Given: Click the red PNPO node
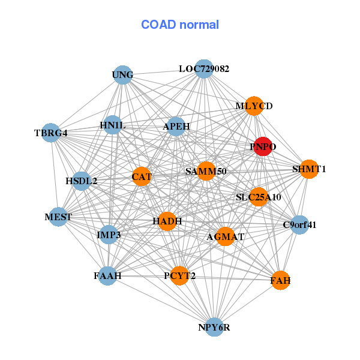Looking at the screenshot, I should pos(262,146).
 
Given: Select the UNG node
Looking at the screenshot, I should pos(122,75).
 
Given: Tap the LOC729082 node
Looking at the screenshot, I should pos(204,69).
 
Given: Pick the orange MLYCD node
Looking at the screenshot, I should pos(254,106).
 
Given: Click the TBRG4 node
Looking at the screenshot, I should pos(50,133).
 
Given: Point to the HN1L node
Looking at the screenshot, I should pos(112,125).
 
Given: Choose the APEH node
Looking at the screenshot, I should pos(176,127).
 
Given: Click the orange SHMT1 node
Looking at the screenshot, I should pos(309,169).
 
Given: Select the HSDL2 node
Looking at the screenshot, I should pos(82,181).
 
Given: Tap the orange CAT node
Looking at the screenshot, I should pos(142,177).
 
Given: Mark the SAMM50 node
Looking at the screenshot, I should pos(206,172).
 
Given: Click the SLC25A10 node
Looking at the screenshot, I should pos(258,197).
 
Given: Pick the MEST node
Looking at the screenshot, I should pos(58,217).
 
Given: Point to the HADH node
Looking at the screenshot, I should pos(167,221).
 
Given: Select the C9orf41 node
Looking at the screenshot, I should pos(299,225).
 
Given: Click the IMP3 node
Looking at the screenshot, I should pos(109,235).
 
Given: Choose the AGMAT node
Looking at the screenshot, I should pos(225,236).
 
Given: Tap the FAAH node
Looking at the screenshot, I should pos(107,276).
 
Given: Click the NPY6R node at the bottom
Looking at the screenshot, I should pos(214,327).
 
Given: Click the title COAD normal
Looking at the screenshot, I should pos(180,25).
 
